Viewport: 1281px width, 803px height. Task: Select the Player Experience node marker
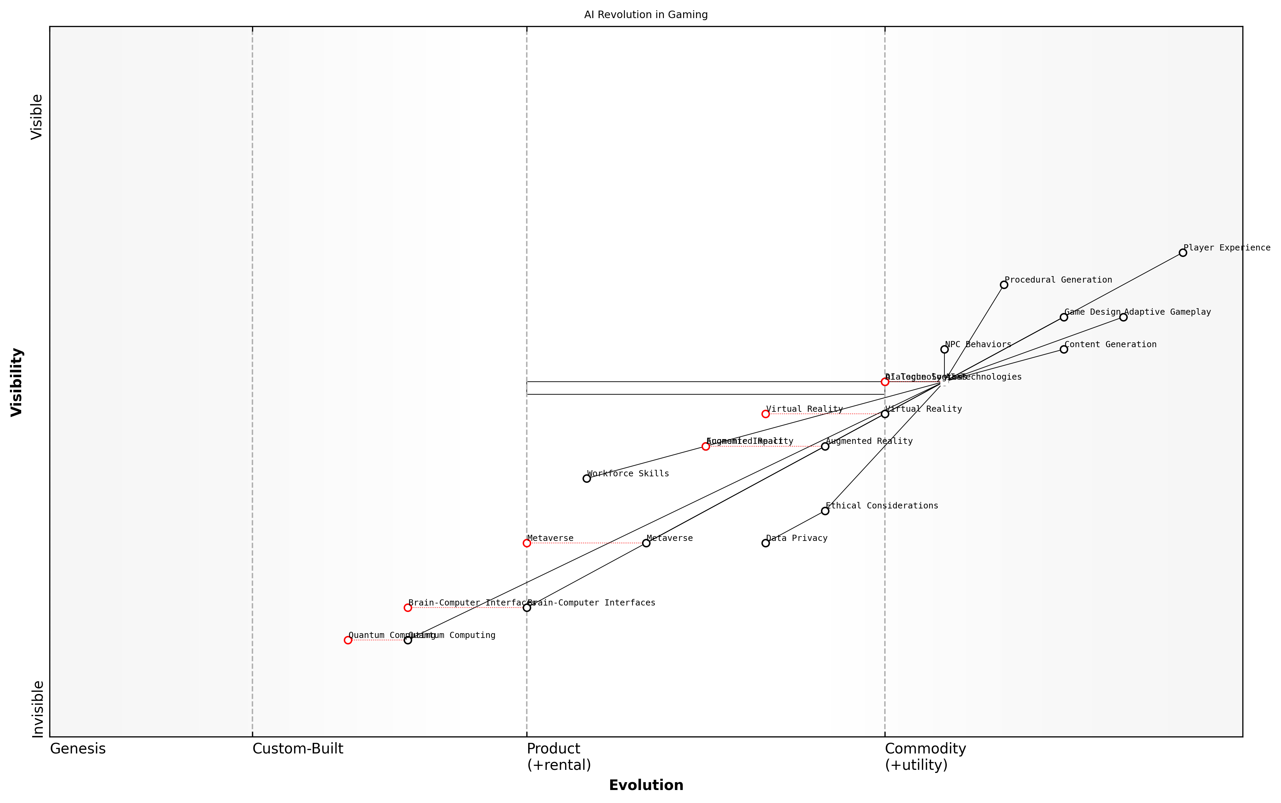pyautogui.click(x=1182, y=253)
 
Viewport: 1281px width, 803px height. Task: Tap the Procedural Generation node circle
pyautogui.click(x=1004, y=285)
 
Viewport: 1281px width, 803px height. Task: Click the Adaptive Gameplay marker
pyautogui.click(x=1123, y=317)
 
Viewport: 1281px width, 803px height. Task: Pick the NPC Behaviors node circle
pyautogui.click(x=944, y=350)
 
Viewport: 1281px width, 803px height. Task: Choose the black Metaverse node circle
pyautogui.click(x=646, y=543)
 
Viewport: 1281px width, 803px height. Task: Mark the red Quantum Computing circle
pyautogui.click(x=348, y=640)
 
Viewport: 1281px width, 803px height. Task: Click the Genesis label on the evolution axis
pyautogui.click(x=78, y=749)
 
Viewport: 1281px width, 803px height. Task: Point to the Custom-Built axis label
pyautogui.click(x=298, y=749)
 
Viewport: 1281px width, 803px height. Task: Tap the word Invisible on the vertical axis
pyautogui.click(x=37, y=709)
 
